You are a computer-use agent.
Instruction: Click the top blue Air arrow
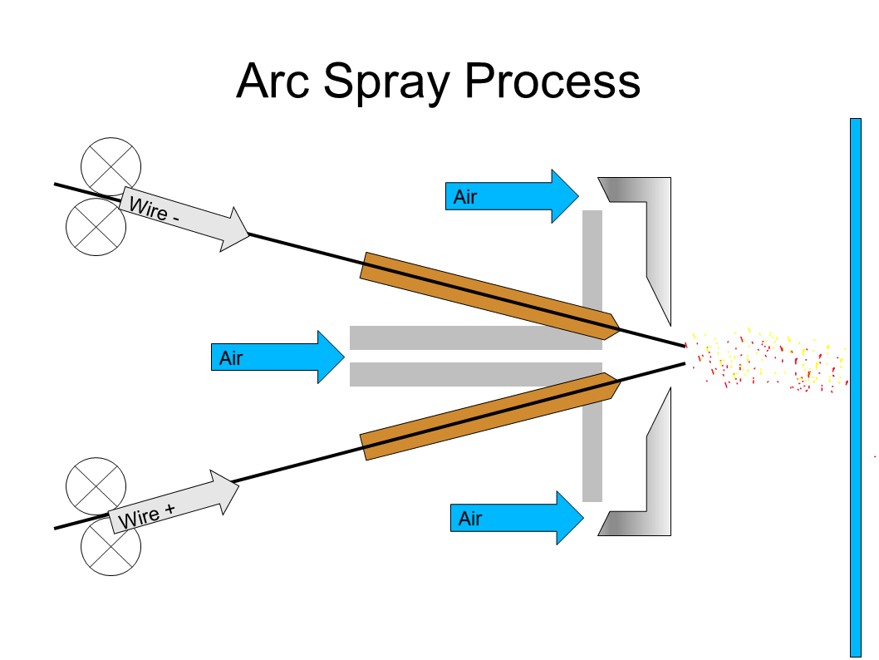[x=511, y=196]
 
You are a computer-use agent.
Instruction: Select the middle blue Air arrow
[x=277, y=357]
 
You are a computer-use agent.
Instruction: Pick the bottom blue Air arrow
[x=516, y=518]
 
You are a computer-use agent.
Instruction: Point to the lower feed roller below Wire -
[x=96, y=226]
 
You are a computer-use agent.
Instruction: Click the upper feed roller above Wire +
[x=96, y=486]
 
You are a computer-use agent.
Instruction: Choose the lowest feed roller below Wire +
[x=110, y=548]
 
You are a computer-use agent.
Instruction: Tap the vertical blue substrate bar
[x=856, y=387]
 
